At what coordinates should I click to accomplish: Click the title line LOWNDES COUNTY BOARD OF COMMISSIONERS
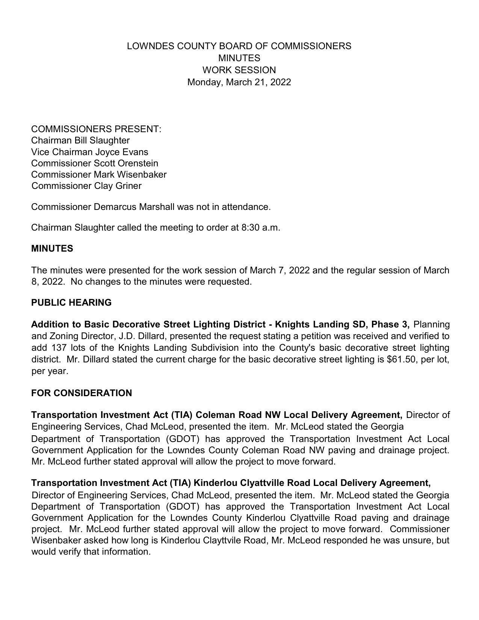(239, 46)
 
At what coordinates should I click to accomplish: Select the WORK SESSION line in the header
(239, 70)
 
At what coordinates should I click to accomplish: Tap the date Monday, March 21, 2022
(239, 82)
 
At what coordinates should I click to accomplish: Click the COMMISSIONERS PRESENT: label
(96, 129)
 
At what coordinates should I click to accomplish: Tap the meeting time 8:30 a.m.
(260, 228)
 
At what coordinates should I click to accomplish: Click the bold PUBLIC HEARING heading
(71, 303)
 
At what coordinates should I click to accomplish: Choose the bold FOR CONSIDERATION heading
(82, 393)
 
